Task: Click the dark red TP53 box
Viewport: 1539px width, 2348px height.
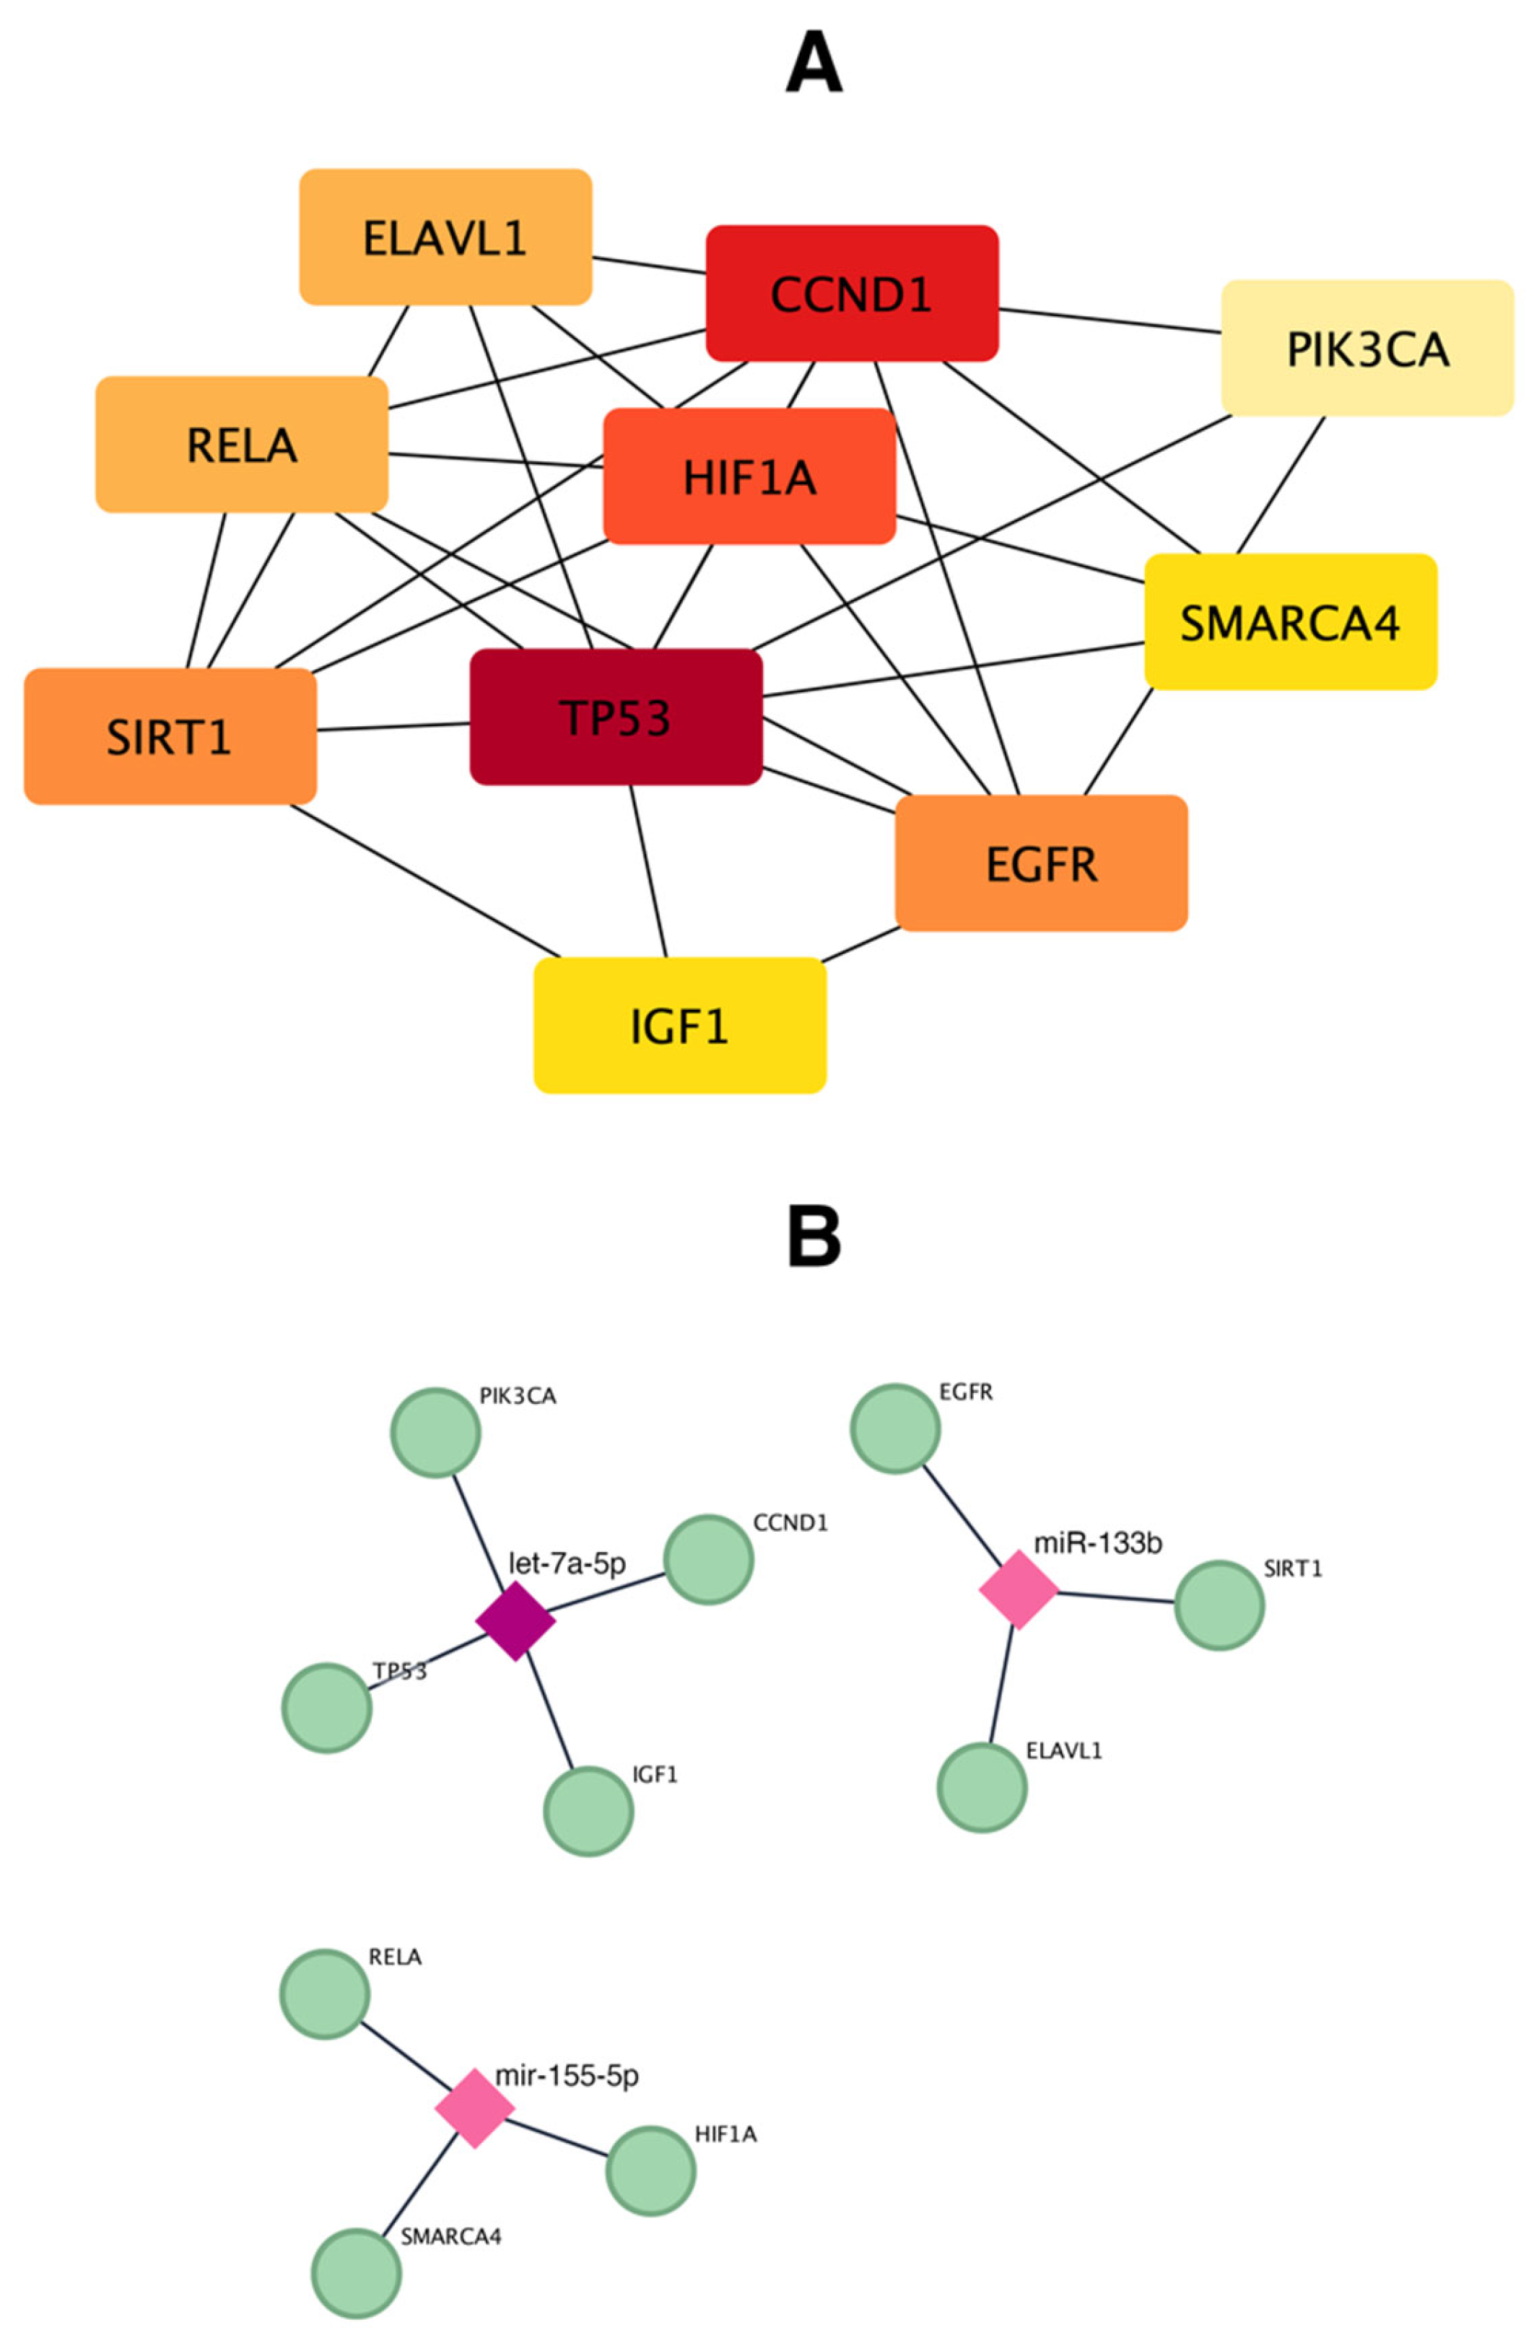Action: pyautogui.click(x=616, y=717)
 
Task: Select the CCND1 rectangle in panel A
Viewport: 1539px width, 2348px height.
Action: pyautogui.click(x=851, y=294)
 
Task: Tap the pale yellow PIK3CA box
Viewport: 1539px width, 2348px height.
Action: pyautogui.click(x=1366, y=348)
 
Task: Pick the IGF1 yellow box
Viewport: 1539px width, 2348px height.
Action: pyautogui.click(x=680, y=1026)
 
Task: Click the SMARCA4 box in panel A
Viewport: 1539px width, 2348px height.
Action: pyautogui.click(x=1289, y=621)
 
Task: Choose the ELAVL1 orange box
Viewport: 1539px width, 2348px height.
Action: pyautogui.click(x=445, y=237)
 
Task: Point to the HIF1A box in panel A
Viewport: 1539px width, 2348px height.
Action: pyautogui.click(x=749, y=476)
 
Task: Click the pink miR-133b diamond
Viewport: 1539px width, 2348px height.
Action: pyautogui.click(x=1018, y=1589)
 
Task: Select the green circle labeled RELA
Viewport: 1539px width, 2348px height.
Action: pyautogui.click(x=325, y=1994)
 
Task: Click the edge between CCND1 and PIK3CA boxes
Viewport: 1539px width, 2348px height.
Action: pyautogui.click(x=1110, y=320)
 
